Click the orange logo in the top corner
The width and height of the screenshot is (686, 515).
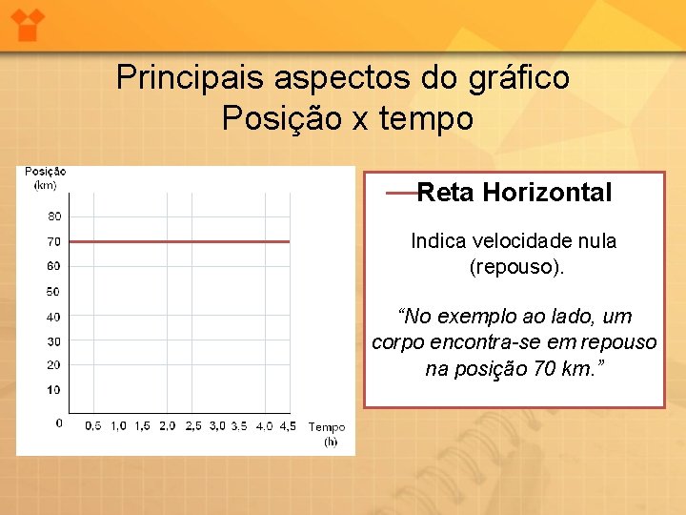coord(29,22)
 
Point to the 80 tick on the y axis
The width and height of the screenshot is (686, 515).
coord(53,216)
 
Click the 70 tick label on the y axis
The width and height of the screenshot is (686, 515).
coord(53,242)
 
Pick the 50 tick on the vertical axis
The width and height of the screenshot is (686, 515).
coord(53,292)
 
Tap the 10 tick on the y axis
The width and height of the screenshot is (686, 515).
coord(53,390)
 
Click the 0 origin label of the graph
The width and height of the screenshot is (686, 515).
coord(59,422)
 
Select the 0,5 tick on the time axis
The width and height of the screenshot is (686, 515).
coord(93,426)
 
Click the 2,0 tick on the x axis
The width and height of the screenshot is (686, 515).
coord(167,426)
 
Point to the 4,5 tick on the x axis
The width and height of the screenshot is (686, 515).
coord(288,426)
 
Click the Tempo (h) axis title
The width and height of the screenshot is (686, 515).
coord(327,435)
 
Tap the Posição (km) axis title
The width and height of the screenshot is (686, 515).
coord(45,178)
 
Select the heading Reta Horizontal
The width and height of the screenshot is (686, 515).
coord(514,193)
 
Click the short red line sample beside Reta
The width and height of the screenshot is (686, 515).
coord(401,194)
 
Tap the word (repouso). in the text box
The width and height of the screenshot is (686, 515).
coord(517,267)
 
